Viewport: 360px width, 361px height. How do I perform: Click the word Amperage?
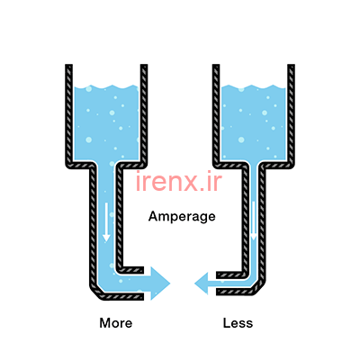click(x=182, y=217)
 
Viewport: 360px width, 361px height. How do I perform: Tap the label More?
click(x=116, y=323)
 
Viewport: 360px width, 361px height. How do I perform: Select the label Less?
click(x=238, y=323)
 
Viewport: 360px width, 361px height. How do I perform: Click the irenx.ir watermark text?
click(x=179, y=181)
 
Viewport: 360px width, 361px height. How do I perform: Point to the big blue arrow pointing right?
click(x=157, y=284)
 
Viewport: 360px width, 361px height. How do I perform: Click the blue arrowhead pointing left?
click(x=202, y=284)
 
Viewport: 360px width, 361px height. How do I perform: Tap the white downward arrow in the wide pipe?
click(x=106, y=222)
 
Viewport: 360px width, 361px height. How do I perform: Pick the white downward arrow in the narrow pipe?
click(x=254, y=221)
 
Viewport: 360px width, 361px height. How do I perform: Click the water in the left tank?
click(x=106, y=123)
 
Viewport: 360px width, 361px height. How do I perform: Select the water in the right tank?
click(x=254, y=123)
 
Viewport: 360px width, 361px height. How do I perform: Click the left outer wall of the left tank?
click(x=69, y=114)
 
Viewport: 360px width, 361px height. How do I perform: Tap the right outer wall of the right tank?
click(x=291, y=114)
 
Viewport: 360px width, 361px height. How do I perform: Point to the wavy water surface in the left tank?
click(x=106, y=87)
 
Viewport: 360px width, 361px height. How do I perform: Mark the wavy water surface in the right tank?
click(x=254, y=87)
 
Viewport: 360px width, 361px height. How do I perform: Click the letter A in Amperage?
click(x=153, y=216)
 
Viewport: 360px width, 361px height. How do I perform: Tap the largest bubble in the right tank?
click(x=241, y=140)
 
